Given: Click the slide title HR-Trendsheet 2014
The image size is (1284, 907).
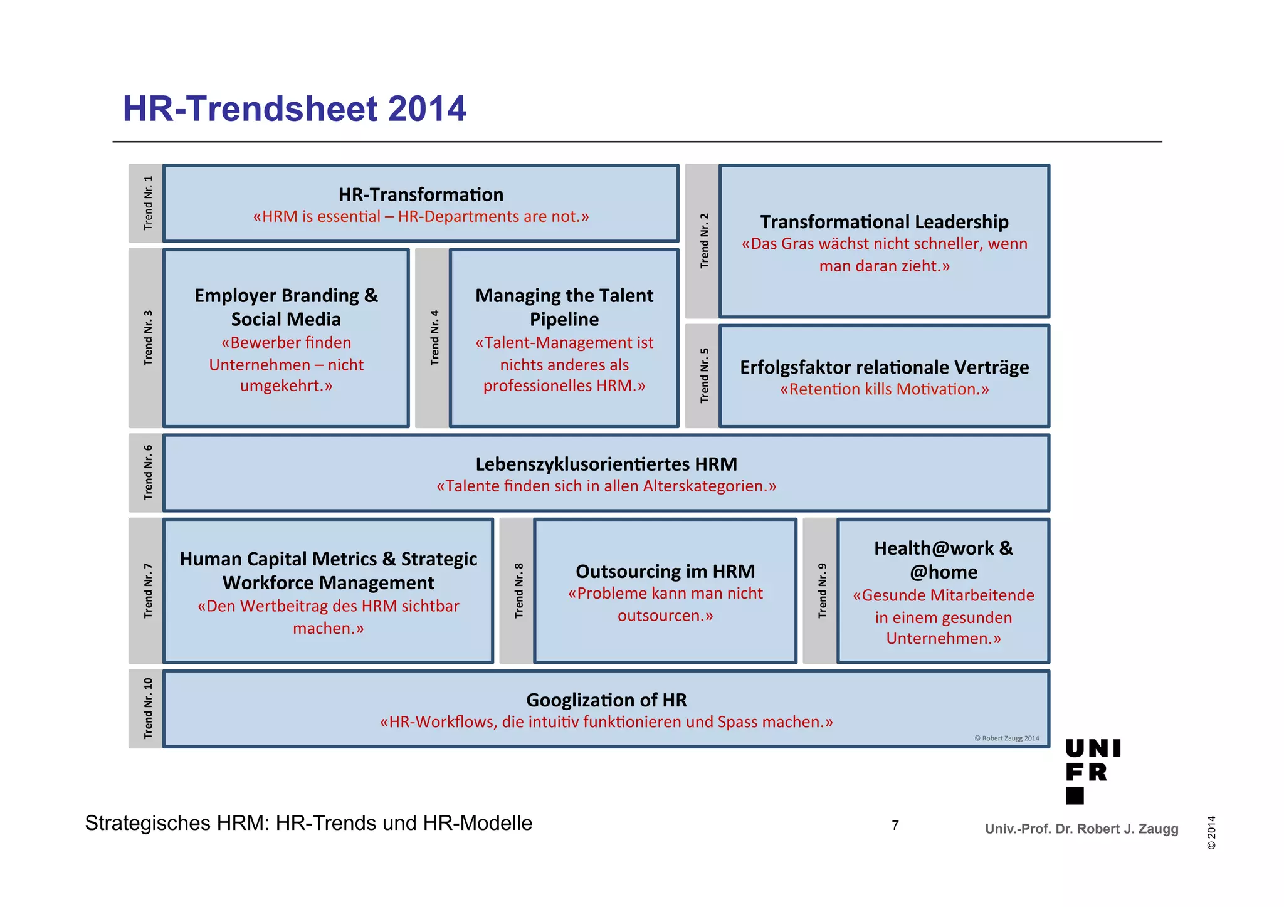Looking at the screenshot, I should point(294,108).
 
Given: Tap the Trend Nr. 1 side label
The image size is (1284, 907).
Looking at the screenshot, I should point(148,202).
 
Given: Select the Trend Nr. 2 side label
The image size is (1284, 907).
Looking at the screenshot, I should point(704,241).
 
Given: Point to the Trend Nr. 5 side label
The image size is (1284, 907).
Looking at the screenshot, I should point(704,375).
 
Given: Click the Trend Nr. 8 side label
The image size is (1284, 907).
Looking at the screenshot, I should point(518,590).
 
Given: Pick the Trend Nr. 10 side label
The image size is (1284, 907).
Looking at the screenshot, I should point(148,708).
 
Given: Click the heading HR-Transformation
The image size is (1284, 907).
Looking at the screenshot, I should point(421,194).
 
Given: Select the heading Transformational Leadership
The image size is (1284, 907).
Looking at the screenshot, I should point(884,222).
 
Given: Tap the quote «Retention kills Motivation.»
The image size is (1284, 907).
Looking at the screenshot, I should point(884,389).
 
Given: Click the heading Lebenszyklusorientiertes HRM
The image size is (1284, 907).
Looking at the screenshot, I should point(606,464).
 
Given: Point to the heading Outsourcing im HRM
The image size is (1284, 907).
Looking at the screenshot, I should point(665,571).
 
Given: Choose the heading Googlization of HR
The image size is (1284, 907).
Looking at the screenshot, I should point(606,700).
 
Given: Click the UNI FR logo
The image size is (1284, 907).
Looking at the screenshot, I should point(1092,770).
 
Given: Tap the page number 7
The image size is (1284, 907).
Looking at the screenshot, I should point(895,825).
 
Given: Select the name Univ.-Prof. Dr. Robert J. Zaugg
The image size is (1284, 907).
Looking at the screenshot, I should point(1081,829).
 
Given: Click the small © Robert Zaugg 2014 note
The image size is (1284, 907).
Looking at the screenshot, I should point(1006,738).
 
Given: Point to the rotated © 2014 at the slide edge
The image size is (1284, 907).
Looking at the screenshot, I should point(1211,832).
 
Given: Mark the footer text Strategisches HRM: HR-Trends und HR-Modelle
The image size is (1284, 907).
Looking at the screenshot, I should point(308,823).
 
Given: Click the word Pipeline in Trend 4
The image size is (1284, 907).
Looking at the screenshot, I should point(564,319).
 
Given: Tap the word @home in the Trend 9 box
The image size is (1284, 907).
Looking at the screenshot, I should point(944,572).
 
